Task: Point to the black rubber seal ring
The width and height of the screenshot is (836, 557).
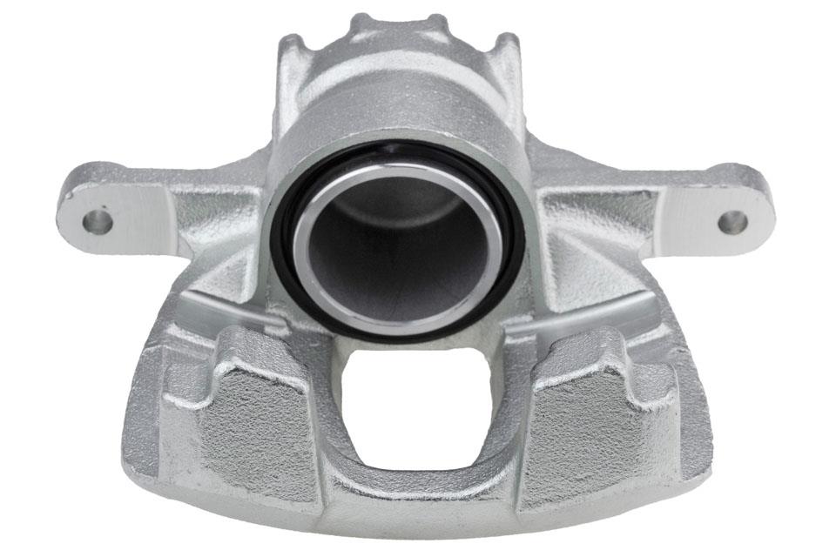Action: (287, 261)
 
